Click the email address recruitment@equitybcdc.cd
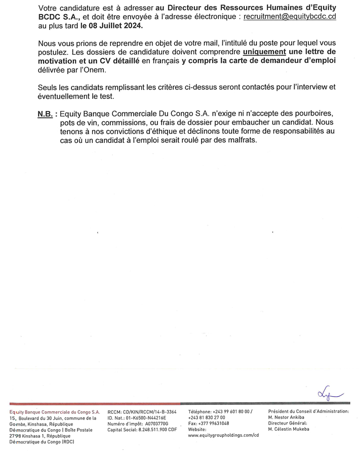[x=290, y=17]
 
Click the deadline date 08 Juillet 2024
[x=111, y=25]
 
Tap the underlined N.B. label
[x=45, y=114]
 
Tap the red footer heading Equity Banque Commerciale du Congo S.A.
[x=55, y=412]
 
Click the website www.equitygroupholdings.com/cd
[x=223, y=435]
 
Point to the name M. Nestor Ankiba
[x=287, y=418]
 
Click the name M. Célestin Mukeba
[x=289, y=430]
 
